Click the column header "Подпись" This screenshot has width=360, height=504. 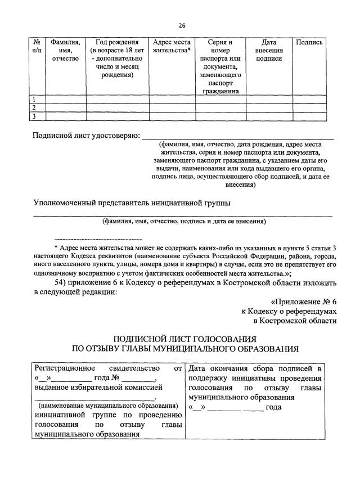(x=309, y=42)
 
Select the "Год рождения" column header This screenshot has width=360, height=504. (x=117, y=42)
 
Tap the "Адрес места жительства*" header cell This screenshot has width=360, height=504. (x=172, y=46)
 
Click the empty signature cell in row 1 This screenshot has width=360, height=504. (x=309, y=100)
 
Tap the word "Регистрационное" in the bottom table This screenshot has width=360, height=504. (x=64, y=368)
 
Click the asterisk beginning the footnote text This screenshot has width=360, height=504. (x=56, y=246)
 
